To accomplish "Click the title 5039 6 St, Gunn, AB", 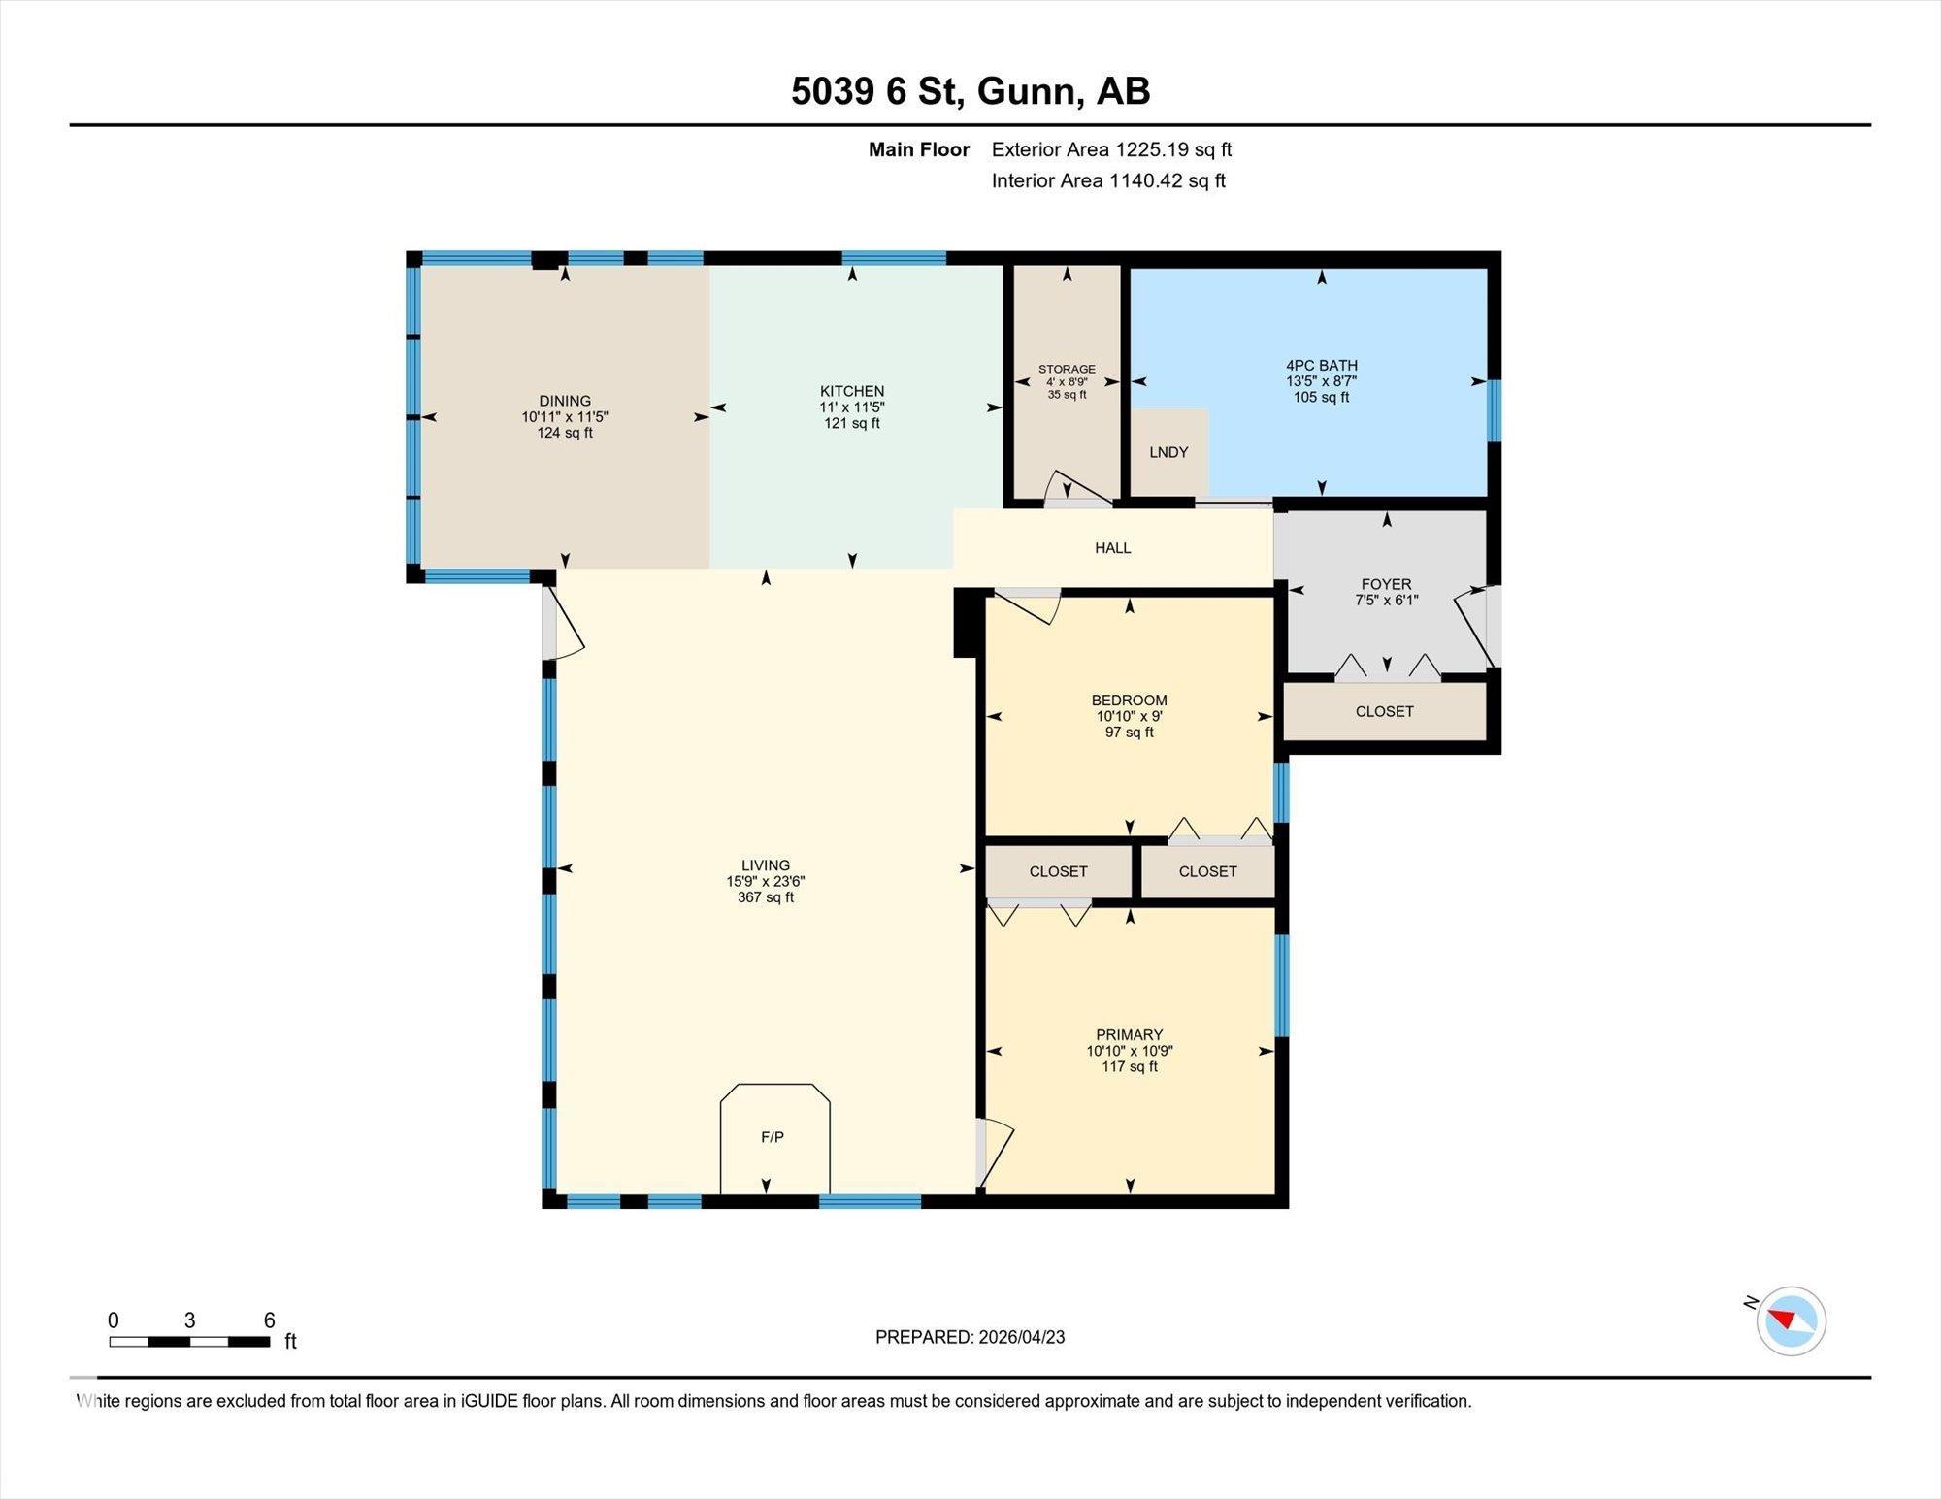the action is click(x=970, y=91).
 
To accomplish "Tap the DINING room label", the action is click(x=565, y=401).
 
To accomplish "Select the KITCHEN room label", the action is click(x=852, y=391).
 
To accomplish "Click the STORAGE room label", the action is click(x=1067, y=369).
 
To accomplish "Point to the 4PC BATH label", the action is click(x=1321, y=366).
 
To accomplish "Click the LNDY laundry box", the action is click(x=1169, y=452).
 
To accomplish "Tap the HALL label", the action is click(x=1113, y=548).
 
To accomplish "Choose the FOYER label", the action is click(x=1386, y=584).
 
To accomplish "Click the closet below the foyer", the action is click(x=1385, y=711).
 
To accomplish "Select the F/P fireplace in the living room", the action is click(x=773, y=1137).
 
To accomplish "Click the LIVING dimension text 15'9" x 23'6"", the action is click(x=766, y=881).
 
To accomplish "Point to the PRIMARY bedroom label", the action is click(x=1130, y=1034).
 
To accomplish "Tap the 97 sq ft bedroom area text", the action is click(x=1130, y=733).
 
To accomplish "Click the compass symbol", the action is click(x=1791, y=1320).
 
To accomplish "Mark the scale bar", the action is click(x=189, y=1342).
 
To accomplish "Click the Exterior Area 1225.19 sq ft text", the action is click(x=1111, y=149).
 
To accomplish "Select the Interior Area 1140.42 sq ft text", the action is click(x=1108, y=180).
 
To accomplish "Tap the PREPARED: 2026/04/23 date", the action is click(x=970, y=1337).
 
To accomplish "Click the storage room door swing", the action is click(x=1078, y=489).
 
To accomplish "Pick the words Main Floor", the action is click(x=919, y=149).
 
